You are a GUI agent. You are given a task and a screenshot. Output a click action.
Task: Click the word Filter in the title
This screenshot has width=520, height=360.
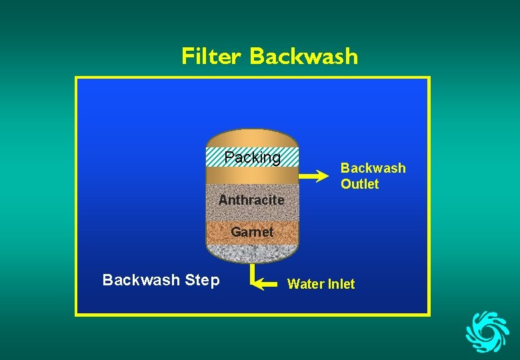click(211, 56)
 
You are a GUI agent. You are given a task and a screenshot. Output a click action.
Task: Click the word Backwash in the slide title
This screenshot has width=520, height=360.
click(303, 56)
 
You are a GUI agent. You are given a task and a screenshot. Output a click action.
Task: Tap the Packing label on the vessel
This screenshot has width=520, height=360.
click(252, 157)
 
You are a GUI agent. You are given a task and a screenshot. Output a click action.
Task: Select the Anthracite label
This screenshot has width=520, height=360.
click(251, 200)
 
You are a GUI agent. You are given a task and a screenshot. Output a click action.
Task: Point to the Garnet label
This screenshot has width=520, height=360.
click(252, 232)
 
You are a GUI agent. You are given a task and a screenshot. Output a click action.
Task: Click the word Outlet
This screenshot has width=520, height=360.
click(359, 184)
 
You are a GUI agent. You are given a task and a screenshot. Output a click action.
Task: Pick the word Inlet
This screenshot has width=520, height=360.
click(340, 284)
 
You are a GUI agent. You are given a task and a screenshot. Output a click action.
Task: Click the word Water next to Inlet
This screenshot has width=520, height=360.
click(305, 284)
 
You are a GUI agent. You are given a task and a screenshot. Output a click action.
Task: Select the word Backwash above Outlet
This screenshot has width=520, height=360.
click(373, 168)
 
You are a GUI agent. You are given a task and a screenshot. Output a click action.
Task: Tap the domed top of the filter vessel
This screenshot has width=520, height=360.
click(251, 137)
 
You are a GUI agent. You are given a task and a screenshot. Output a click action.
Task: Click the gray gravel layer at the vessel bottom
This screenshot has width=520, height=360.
click(251, 252)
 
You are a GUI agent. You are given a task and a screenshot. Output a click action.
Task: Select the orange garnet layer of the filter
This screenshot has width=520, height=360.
click(220, 232)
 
